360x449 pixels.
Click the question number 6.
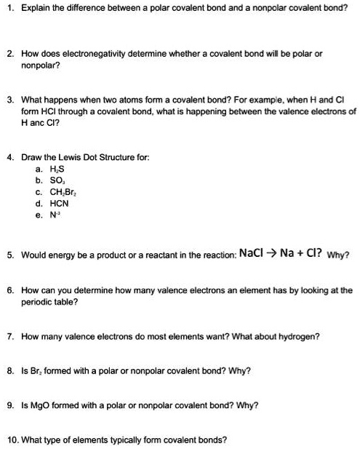[10, 290]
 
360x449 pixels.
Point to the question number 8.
[10, 370]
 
